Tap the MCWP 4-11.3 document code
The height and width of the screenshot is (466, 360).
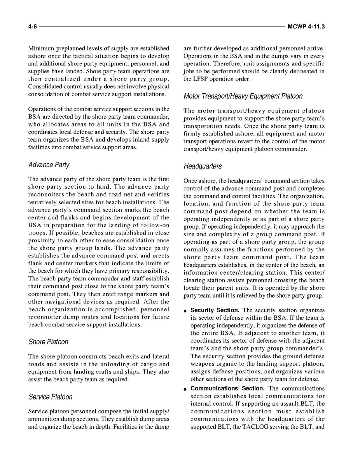(306, 27)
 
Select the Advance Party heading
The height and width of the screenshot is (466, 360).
(49, 165)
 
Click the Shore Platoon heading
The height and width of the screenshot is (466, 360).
(48, 342)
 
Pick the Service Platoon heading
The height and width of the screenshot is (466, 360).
(50, 397)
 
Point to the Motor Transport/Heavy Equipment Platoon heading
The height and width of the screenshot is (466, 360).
(243, 96)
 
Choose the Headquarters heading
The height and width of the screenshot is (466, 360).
(203, 166)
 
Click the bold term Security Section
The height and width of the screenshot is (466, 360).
(215, 310)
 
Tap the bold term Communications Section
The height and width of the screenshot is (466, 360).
(228, 389)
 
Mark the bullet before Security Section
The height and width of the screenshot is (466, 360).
(186, 311)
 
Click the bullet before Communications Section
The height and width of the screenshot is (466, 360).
(186, 389)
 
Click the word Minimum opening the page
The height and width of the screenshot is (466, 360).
(41, 49)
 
